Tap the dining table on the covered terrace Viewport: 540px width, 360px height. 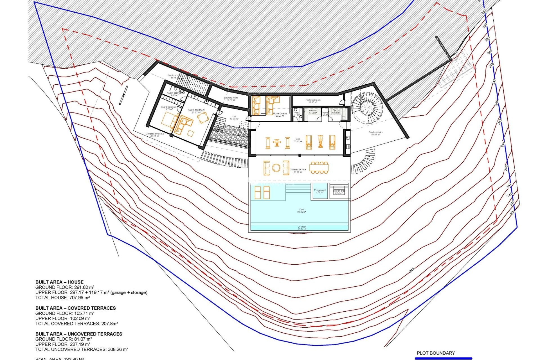(x=319, y=168)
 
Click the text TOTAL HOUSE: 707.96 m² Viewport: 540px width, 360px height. (x=62, y=298)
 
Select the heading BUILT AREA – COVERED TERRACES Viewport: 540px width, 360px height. (x=76, y=308)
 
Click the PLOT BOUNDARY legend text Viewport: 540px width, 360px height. (x=436, y=353)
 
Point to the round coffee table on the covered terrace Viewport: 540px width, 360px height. (x=276, y=168)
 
